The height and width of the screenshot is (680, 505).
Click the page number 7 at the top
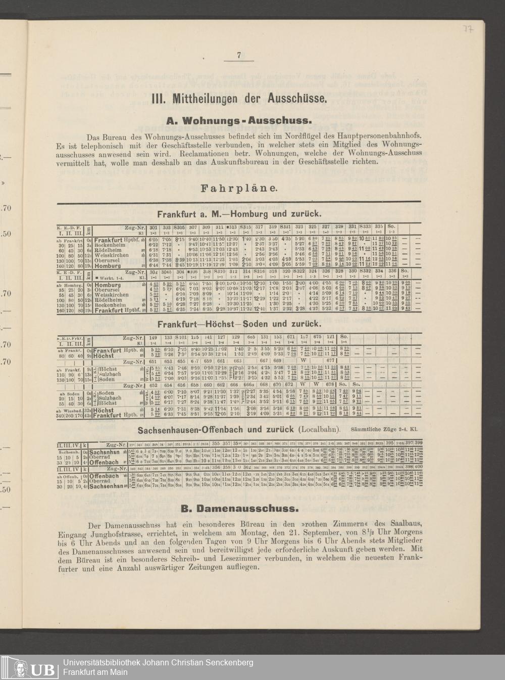[x=238, y=56]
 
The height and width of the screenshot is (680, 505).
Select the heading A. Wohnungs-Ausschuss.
[x=238, y=121]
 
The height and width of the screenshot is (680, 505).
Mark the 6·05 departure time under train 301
[x=154, y=240]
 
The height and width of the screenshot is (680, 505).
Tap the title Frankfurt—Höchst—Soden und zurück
[x=238, y=324]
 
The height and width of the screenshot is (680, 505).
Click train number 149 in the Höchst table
[x=154, y=337]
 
